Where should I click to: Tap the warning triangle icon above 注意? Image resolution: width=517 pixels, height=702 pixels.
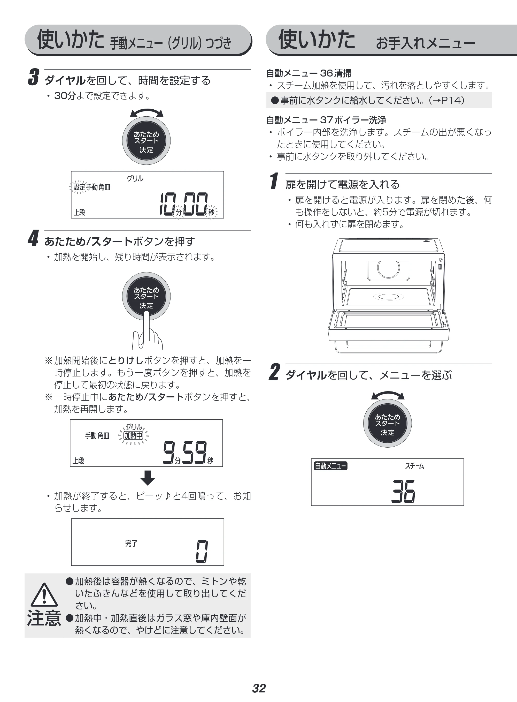44,595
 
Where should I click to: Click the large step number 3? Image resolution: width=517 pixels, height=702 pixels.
34,77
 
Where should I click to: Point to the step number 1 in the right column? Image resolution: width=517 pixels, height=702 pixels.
274,181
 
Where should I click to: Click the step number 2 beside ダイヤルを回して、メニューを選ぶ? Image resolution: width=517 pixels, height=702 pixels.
274,372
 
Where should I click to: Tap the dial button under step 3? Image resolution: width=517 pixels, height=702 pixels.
146,141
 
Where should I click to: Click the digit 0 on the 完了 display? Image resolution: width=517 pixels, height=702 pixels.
202,552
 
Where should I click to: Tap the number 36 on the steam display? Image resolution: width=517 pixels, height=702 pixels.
403,491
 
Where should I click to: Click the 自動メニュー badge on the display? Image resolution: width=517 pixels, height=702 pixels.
330,466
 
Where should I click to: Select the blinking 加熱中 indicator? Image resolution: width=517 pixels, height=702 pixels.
134,435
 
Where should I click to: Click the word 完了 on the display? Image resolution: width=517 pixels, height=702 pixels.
132,543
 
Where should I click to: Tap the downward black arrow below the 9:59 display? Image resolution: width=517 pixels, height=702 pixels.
148,478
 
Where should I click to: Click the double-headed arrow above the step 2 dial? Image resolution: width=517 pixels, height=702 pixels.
388,395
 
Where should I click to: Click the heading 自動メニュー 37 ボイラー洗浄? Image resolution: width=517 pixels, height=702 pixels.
326,120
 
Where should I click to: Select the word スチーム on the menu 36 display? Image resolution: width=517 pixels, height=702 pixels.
414,466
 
